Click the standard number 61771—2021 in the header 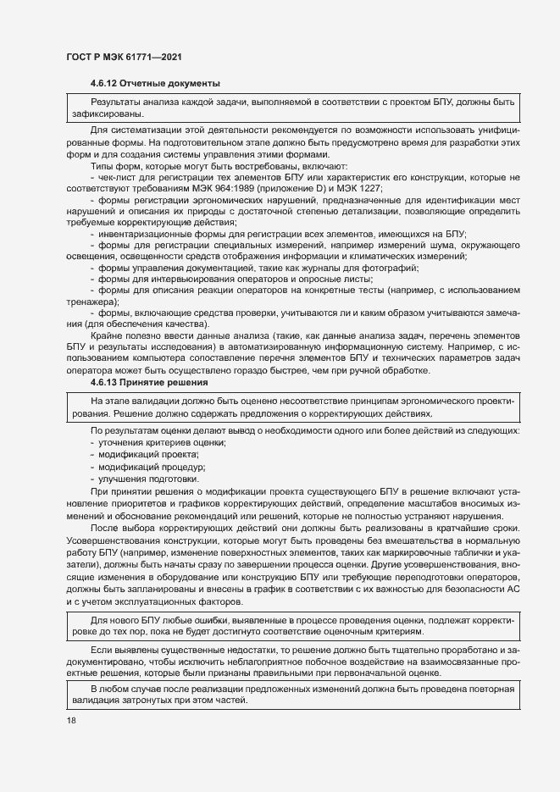click(153, 58)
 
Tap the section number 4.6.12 click(104, 83)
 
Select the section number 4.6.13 click(104, 383)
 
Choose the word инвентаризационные click(147, 233)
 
